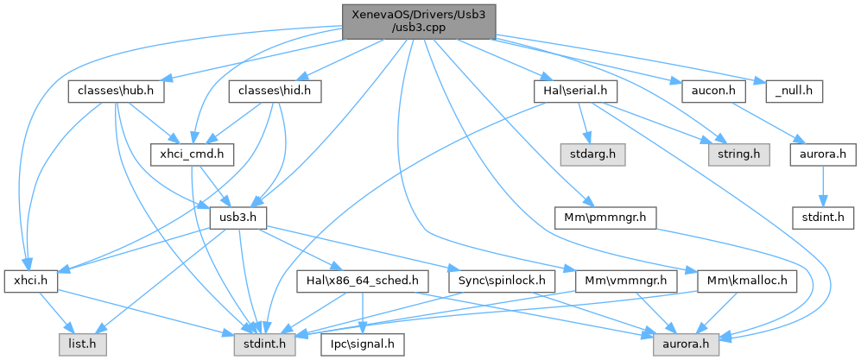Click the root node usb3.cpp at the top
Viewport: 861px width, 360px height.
[420, 21]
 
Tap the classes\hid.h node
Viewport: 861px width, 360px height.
[275, 90]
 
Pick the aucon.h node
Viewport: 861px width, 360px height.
[707, 90]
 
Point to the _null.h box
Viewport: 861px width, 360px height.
[789, 90]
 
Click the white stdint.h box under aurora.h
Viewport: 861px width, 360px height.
[824, 217]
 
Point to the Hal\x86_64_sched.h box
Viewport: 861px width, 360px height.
[363, 281]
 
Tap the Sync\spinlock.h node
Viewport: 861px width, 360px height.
[502, 281]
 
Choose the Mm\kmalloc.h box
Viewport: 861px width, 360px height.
[748, 281]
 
